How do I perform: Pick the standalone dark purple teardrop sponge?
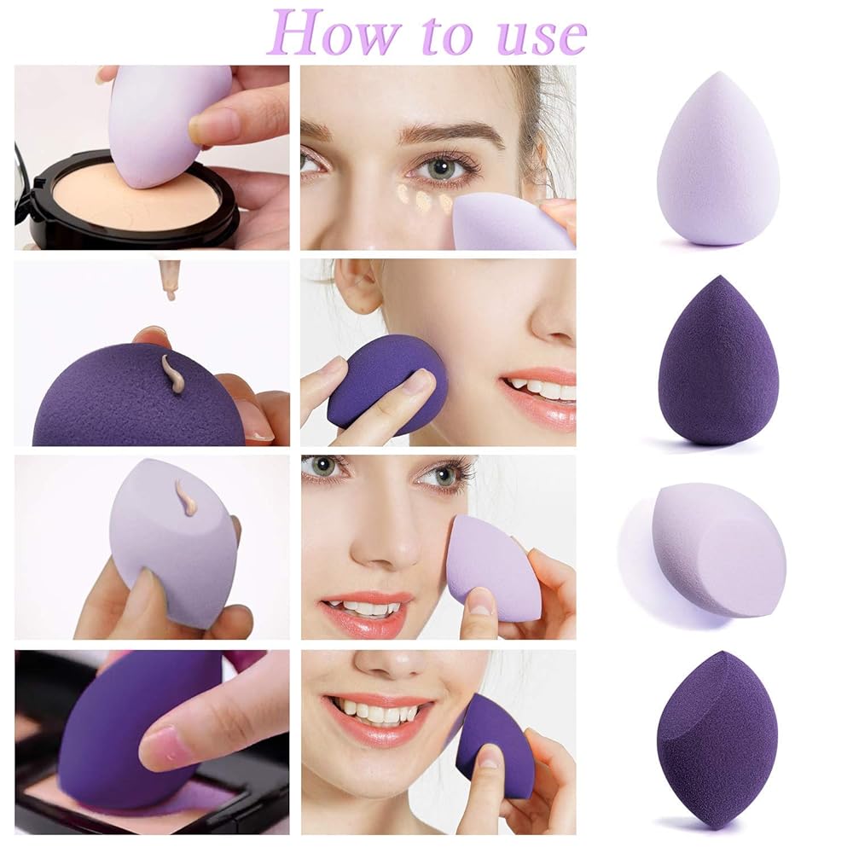(717, 362)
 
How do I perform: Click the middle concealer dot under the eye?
(423, 201)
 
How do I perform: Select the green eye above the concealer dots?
(442, 167)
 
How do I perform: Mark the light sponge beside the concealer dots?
(508, 222)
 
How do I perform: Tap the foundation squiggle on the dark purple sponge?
(173, 374)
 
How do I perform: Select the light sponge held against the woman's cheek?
(490, 567)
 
